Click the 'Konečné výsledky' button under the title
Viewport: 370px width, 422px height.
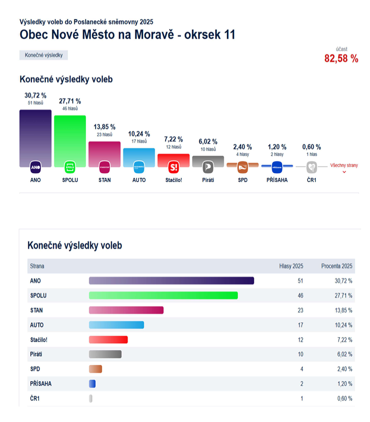(43, 55)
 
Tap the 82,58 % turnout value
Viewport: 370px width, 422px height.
(341, 58)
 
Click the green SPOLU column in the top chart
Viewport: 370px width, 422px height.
(70, 138)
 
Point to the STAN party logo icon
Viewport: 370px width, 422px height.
(105, 167)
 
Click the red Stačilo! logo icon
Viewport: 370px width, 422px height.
(174, 167)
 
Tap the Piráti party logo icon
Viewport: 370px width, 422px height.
(208, 167)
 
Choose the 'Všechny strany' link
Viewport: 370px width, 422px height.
(344, 166)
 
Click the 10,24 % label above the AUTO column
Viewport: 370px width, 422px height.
(139, 134)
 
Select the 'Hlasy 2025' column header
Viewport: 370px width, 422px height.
(292, 266)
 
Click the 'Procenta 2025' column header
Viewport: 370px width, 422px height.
(337, 266)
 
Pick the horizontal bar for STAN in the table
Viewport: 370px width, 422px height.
(126, 310)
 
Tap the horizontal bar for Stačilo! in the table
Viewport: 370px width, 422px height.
(108, 339)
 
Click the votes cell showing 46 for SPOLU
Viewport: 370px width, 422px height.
(300, 296)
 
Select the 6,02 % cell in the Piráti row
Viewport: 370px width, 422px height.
(343, 354)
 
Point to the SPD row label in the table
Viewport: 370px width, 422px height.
(36, 369)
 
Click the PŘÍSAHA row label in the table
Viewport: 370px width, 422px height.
(41, 383)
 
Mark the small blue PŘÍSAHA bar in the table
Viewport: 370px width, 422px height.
(92, 383)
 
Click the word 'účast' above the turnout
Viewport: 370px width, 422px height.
(341, 49)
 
